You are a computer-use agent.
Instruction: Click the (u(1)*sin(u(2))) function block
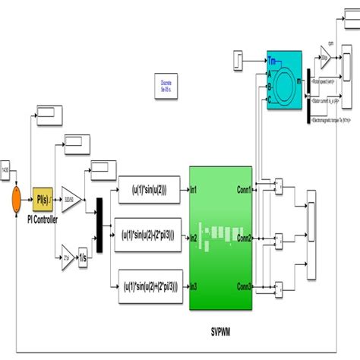pyautogui.click(x=149, y=190)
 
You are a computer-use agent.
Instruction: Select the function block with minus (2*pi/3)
pyautogui.click(x=149, y=237)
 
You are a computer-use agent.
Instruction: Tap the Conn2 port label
pyautogui.click(x=244, y=238)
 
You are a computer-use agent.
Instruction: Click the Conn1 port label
pyautogui.click(x=244, y=190)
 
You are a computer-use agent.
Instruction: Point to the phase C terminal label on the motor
pyautogui.click(x=270, y=98)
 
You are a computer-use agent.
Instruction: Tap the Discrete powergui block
pyautogui.click(x=166, y=85)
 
